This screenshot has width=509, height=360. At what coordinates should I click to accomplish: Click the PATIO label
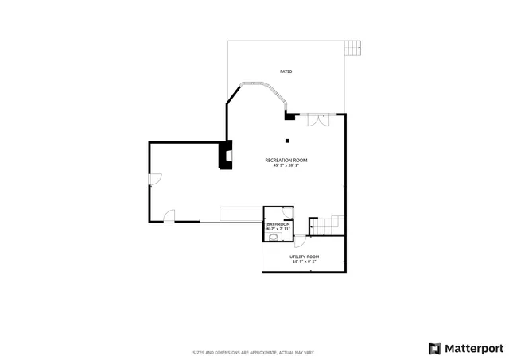click(x=286, y=72)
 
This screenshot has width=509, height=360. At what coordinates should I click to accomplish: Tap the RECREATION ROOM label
click(x=286, y=161)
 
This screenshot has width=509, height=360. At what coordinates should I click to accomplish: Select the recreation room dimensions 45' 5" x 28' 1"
click(x=286, y=166)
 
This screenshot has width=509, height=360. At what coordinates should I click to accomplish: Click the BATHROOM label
click(x=278, y=225)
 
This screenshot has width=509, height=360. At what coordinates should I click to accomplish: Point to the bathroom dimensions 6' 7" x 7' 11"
click(x=278, y=230)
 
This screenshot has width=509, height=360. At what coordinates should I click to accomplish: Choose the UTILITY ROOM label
click(x=304, y=257)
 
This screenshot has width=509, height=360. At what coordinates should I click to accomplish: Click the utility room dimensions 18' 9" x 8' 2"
click(x=304, y=261)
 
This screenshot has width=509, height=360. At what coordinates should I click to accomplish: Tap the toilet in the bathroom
click(x=274, y=237)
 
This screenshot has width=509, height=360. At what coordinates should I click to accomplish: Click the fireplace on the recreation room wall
click(x=225, y=155)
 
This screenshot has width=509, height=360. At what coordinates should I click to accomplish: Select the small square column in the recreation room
click(x=287, y=141)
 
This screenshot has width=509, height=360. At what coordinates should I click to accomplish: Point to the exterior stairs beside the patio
click(x=353, y=48)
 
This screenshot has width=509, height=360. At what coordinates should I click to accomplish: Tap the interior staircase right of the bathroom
click(x=326, y=226)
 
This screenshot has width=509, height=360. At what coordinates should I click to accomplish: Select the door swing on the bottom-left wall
click(x=169, y=215)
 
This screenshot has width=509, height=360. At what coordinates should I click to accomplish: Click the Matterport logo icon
click(x=434, y=348)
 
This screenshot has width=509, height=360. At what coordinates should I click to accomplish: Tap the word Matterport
click(x=473, y=348)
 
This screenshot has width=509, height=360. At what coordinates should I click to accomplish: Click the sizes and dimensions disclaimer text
click(x=254, y=352)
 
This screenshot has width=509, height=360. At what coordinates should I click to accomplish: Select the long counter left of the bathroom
click(x=242, y=214)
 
